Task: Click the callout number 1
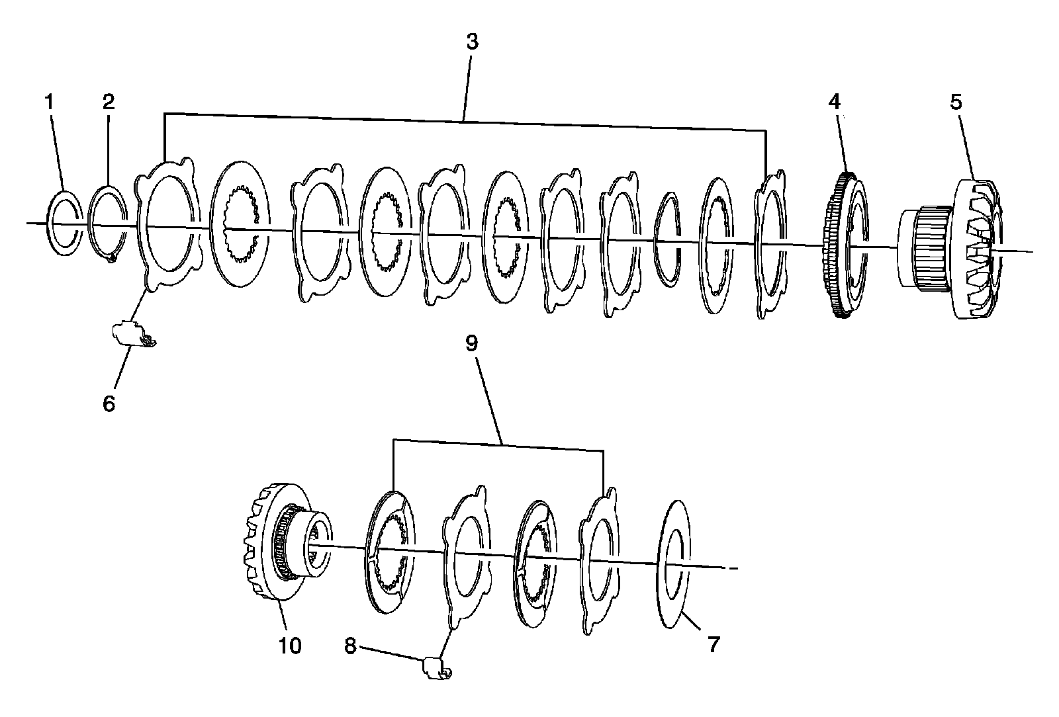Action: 50,102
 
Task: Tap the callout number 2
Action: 109,101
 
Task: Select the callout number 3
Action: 471,42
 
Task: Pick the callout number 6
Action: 109,403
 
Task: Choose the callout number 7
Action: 713,644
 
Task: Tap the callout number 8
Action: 350,645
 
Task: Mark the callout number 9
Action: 471,343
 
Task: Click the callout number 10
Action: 290,645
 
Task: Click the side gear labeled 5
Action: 973,265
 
